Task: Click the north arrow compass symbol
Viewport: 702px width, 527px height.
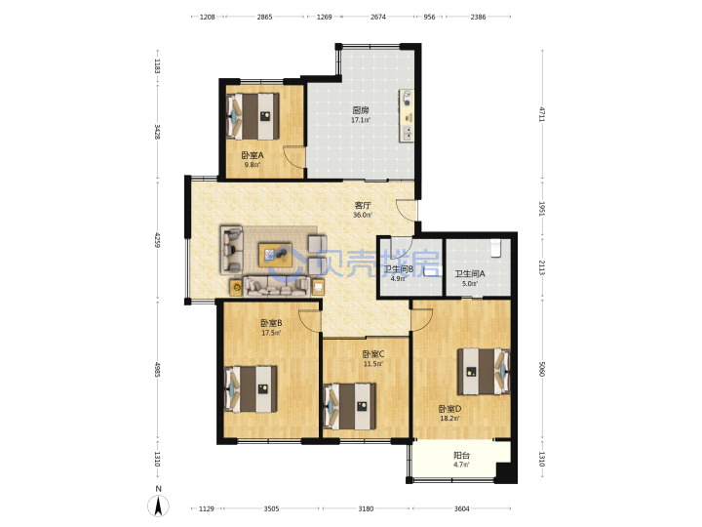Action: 158,507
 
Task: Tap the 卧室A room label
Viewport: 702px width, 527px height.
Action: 253,155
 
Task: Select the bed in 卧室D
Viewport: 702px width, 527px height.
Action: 484,372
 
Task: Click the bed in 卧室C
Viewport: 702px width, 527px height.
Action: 350,406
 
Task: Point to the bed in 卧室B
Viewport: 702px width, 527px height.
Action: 251,389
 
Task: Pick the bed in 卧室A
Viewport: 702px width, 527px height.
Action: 253,116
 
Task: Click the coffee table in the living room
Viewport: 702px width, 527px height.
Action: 275,256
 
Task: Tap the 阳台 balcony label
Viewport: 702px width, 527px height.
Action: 461,456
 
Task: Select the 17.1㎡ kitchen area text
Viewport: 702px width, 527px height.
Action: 361,120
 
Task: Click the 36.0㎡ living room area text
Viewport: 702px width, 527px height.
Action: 363,215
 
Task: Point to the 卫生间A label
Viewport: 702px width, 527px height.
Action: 470,273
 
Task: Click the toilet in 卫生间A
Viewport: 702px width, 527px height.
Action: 495,248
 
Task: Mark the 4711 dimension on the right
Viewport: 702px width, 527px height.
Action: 542,114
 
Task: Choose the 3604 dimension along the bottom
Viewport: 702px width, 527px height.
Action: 461,508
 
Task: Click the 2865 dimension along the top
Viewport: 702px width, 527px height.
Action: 264,17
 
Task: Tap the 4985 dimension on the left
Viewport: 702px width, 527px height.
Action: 157,369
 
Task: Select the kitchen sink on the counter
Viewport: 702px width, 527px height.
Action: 408,133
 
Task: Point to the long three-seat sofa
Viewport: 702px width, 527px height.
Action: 277,286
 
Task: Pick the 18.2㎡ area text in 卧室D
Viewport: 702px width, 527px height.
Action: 449,419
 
